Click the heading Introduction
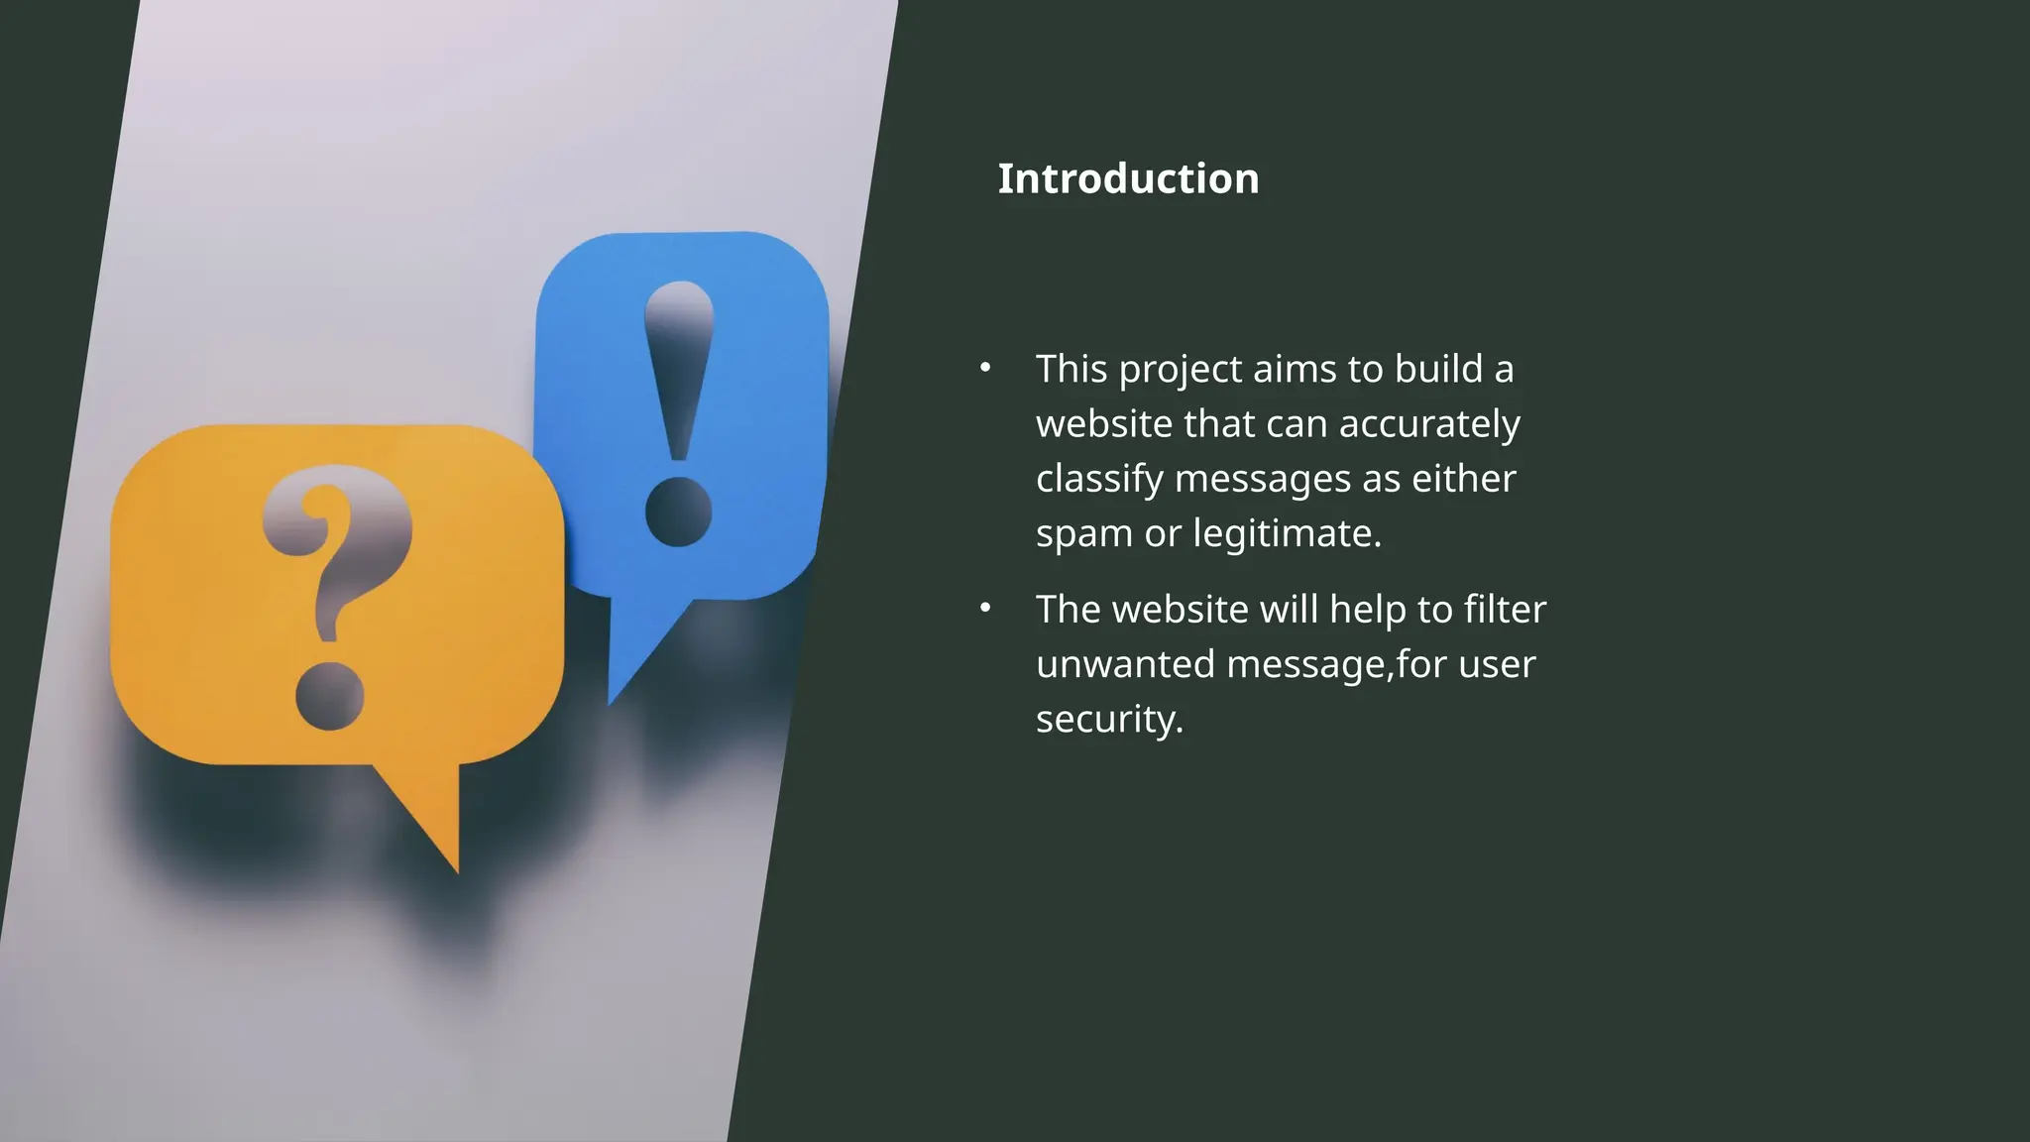click(1128, 179)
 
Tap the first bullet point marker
click(985, 368)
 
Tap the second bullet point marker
click(985, 608)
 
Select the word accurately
click(1429, 424)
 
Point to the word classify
click(1099, 480)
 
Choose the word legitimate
click(1287, 534)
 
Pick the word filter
click(1506, 609)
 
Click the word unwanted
click(1125, 664)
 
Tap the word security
click(1109, 720)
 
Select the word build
click(1438, 369)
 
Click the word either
click(1464, 479)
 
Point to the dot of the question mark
click(330, 696)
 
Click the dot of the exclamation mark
click(679, 512)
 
